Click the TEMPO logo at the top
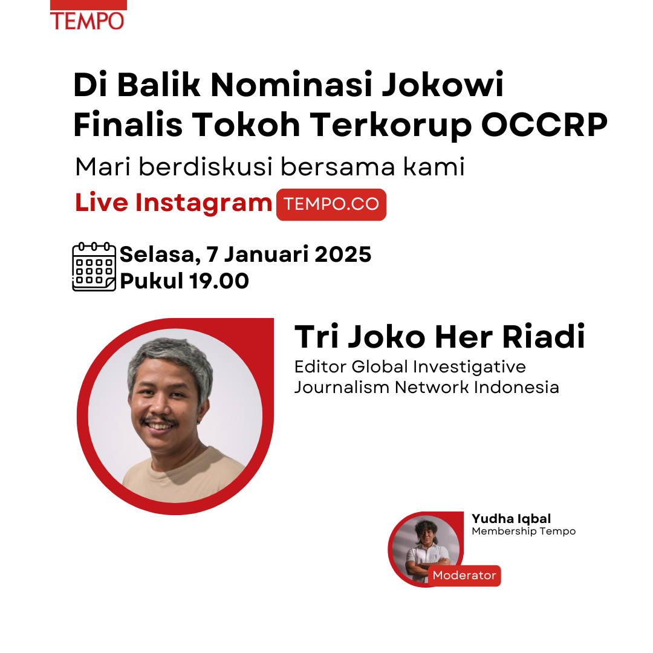(88, 15)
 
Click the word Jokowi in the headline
(443, 85)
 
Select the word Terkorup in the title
(391, 126)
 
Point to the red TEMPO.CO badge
(331, 204)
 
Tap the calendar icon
(94, 267)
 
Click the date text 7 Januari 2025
(288, 255)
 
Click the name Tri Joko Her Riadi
(440, 337)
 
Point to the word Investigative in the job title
(469, 368)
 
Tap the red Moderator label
(464, 576)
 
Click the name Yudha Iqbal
(512, 519)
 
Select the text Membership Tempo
(524, 531)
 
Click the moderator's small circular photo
(426, 549)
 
